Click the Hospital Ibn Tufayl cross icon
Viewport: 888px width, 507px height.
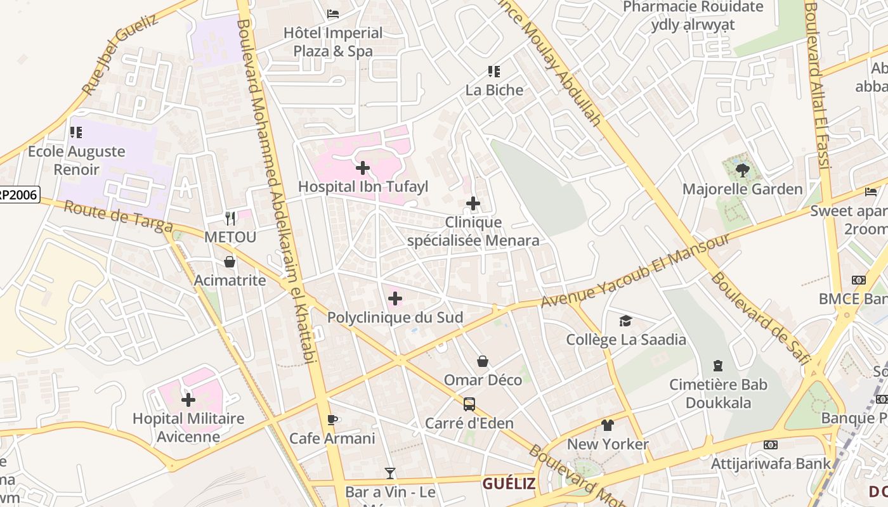pos(363,168)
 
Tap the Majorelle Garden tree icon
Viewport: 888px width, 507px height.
pos(743,170)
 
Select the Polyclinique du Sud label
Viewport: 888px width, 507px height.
pos(395,317)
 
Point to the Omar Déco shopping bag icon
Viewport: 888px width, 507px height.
pos(483,361)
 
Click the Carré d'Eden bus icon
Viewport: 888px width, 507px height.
pos(469,404)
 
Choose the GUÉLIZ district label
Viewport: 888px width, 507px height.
pos(509,484)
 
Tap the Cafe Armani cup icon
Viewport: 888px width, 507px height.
pos(332,420)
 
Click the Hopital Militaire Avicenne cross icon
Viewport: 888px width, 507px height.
pos(188,400)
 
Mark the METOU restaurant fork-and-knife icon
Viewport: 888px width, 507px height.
pos(230,219)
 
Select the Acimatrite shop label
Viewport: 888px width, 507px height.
pos(230,279)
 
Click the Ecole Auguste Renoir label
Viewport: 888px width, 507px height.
pos(77,160)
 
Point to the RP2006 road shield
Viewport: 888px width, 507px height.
pos(19,195)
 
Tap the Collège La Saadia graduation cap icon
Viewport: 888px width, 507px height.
pos(626,321)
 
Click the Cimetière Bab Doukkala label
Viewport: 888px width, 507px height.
pos(719,394)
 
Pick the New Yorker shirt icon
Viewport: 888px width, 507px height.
pos(608,425)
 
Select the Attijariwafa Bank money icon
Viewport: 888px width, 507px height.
pos(771,445)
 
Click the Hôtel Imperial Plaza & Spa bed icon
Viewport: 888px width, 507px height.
pos(333,14)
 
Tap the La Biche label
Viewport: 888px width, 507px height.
pos(494,90)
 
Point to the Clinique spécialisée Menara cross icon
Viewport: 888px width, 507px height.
pos(473,203)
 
